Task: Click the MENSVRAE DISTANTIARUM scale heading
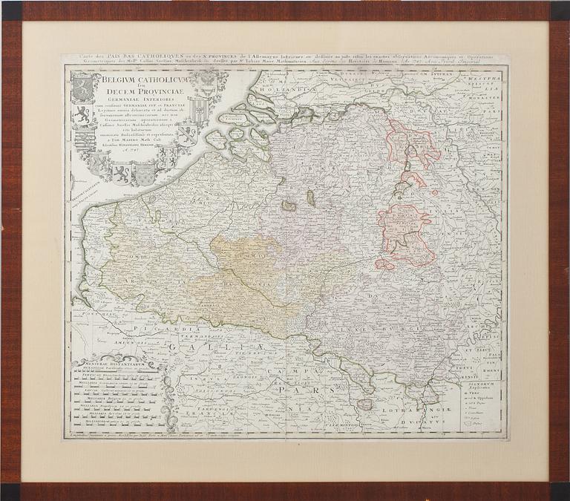[104, 364]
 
